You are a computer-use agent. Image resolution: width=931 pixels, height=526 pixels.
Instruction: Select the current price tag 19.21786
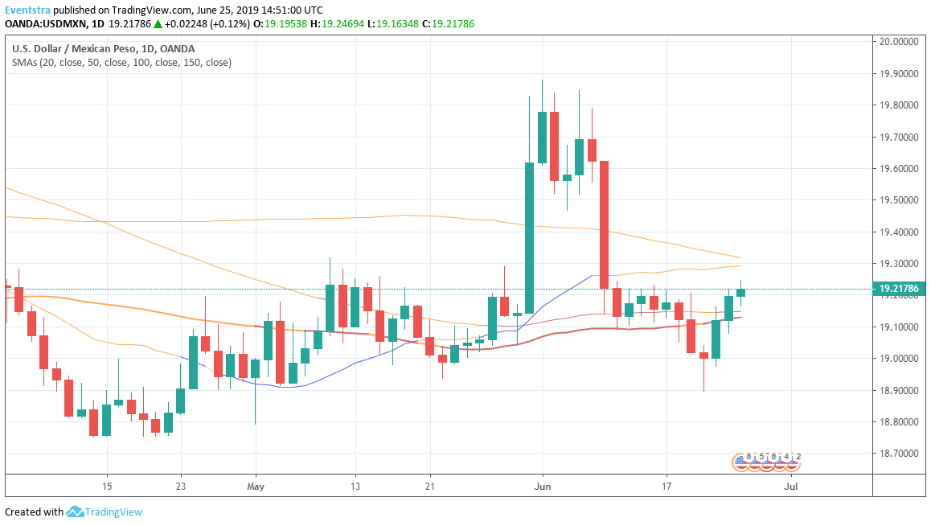pyautogui.click(x=899, y=288)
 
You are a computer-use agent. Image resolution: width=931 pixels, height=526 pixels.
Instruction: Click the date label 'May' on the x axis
pyautogui.click(x=256, y=487)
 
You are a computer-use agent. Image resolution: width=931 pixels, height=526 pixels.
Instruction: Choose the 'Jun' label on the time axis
pyautogui.click(x=543, y=487)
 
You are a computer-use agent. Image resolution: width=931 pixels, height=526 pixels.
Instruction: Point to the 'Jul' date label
pyautogui.click(x=791, y=487)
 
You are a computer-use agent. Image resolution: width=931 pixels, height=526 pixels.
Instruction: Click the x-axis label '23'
pyautogui.click(x=181, y=487)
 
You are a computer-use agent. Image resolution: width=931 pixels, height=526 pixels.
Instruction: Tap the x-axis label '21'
pyautogui.click(x=430, y=487)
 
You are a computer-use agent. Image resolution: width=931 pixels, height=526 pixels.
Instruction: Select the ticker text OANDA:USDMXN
pyautogui.click(x=45, y=24)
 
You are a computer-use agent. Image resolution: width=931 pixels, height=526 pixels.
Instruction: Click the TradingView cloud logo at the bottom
pyautogui.click(x=76, y=512)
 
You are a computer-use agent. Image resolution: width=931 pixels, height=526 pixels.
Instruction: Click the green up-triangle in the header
pyautogui.click(x=159, y=24)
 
